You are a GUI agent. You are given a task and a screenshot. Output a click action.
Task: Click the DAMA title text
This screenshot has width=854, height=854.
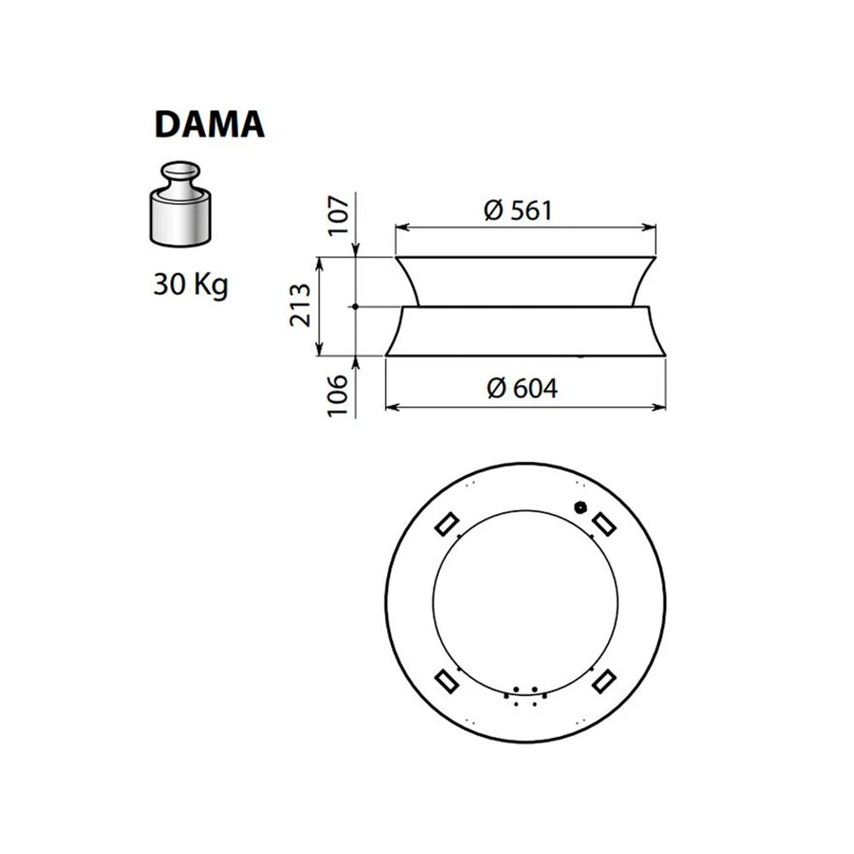(209, 124)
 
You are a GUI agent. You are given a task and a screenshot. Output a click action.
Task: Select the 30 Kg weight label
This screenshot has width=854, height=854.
(190, 284)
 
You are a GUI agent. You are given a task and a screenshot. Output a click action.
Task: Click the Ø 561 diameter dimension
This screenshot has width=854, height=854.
(518, 210)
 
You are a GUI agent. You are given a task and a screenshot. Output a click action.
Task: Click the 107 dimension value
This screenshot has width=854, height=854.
(339, 217)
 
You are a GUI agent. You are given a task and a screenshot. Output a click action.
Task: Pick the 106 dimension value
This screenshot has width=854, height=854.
(339, 395)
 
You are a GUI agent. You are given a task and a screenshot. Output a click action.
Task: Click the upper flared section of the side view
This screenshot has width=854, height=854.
(525, 281)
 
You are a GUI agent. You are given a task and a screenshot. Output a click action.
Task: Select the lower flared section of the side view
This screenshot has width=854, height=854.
(525, 331)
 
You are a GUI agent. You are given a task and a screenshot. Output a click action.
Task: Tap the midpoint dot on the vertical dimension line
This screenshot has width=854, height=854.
(355, 306)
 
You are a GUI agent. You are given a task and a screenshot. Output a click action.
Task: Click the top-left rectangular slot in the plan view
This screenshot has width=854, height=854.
(447, 522)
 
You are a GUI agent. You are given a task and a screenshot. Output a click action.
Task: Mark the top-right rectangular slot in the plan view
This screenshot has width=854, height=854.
(605, 522)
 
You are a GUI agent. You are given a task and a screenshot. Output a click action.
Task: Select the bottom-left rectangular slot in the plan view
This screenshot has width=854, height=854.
(447, 680)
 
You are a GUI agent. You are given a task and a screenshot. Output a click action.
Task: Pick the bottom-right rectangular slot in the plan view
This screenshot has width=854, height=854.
(605, 680)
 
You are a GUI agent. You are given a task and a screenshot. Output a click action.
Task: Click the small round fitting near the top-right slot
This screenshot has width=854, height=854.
(582, 506)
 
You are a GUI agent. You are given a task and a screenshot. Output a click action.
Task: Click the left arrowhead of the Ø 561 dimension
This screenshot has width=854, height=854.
(400, 228)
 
